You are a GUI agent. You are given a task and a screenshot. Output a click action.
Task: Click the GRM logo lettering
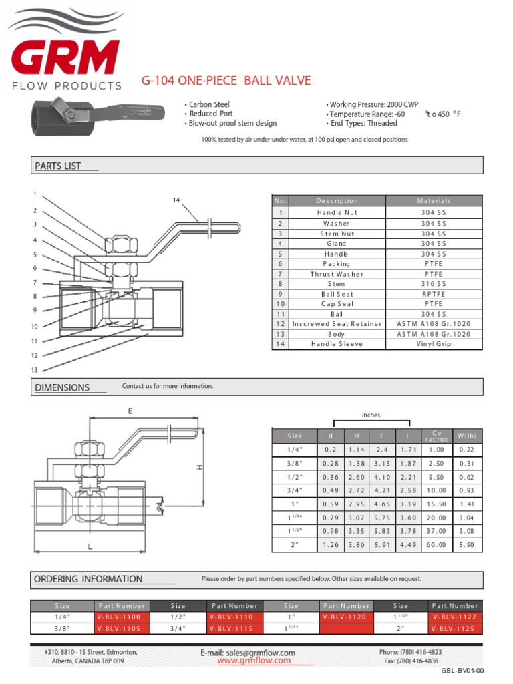point(64,58)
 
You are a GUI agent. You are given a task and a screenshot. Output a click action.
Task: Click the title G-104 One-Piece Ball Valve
point(226,81)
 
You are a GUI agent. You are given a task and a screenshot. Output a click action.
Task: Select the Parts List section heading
point(57,166)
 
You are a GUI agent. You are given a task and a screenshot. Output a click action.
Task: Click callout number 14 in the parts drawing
point(176,200)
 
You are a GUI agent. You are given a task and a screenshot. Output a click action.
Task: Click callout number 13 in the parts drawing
point(33,370)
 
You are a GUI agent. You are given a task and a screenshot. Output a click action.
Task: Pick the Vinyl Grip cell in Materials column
point(434,344)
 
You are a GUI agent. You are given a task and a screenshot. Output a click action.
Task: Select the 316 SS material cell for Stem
point(434,284)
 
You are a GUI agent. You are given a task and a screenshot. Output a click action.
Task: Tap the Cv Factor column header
point(437,436)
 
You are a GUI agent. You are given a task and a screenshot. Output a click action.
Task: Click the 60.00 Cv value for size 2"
point(437,544)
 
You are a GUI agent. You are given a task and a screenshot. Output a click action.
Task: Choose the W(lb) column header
point(466,436)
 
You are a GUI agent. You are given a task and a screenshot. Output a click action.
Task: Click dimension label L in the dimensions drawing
point(88,547)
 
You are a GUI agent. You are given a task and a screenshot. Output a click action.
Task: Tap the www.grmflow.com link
point(254,661)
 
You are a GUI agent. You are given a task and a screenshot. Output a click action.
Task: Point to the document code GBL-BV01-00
point(462,671)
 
